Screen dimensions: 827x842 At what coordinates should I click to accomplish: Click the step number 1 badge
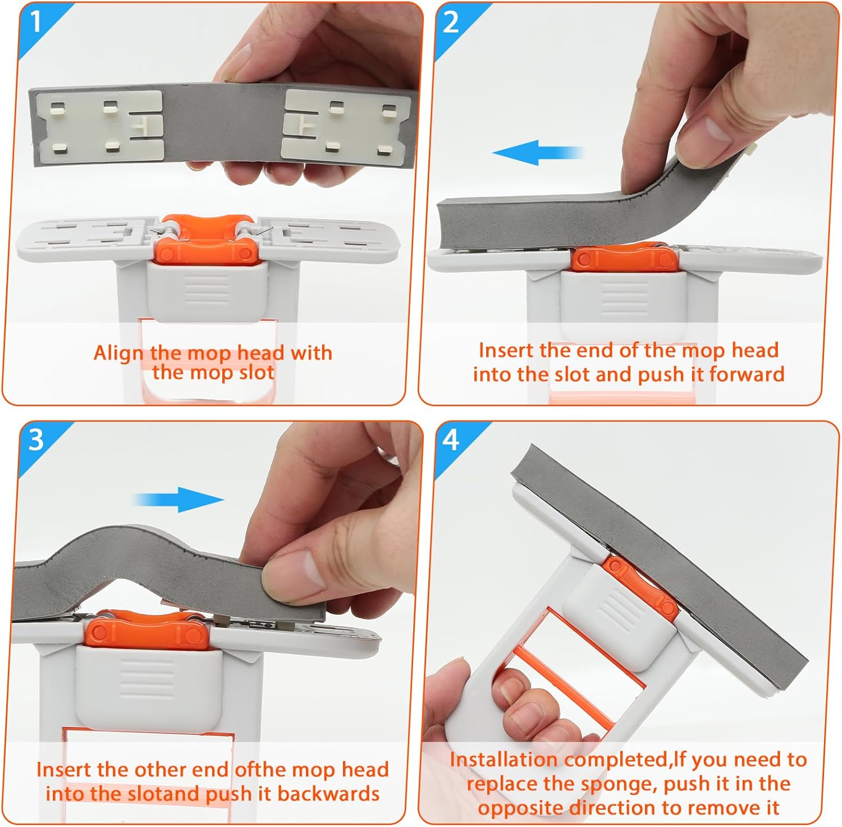pos(35,22)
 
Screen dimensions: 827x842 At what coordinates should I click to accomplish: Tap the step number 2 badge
pos(451,22)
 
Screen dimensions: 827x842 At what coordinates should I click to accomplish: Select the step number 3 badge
pos(35,440)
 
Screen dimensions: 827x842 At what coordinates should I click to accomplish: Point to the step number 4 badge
pos(451,440)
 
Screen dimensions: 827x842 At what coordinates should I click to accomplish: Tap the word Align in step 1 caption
pos(118,353)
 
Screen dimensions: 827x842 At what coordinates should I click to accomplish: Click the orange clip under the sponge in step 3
pos(148,633)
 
